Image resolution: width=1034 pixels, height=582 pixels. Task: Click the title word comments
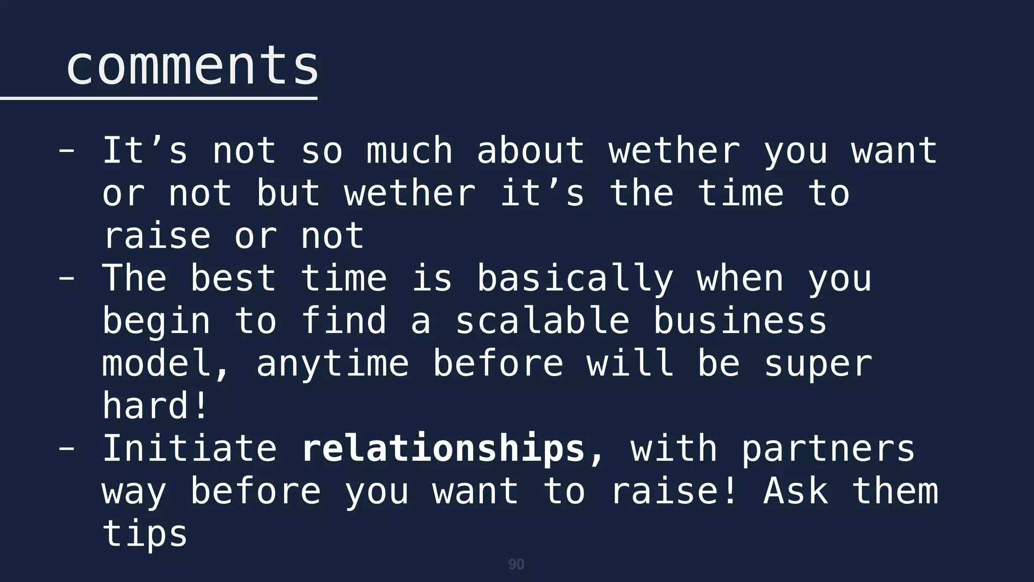click(192, 66)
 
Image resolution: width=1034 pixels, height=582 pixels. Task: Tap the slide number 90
click(516, 564)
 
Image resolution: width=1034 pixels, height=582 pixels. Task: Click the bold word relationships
click(443, 449)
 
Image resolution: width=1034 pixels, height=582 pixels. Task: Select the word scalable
click(543, 321)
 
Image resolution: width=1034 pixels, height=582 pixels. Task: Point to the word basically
click(575, 279)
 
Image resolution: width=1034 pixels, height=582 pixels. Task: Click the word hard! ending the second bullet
click(156, 406)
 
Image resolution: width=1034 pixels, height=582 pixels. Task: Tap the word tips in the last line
click(145, 534)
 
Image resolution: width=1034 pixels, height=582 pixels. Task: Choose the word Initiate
click(190, 449)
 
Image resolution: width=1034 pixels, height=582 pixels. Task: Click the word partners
click(828, 449)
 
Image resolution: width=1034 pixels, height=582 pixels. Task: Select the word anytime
click(333, 364)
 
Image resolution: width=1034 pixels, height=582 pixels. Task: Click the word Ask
click(796, 491)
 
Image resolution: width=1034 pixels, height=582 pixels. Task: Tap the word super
click(818, 364)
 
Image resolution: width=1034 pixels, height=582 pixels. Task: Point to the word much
click(409, 151)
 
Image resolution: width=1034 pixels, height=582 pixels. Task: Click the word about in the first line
click(531, 151)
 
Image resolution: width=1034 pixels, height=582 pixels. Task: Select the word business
click(740, 321)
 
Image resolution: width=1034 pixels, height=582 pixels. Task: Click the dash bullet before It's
click(67, 151)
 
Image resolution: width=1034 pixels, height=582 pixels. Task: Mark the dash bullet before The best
click(67, 279)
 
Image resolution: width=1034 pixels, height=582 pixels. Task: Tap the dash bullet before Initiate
click(67, 449)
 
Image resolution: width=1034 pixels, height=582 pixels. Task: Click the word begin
click(156, 322)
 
